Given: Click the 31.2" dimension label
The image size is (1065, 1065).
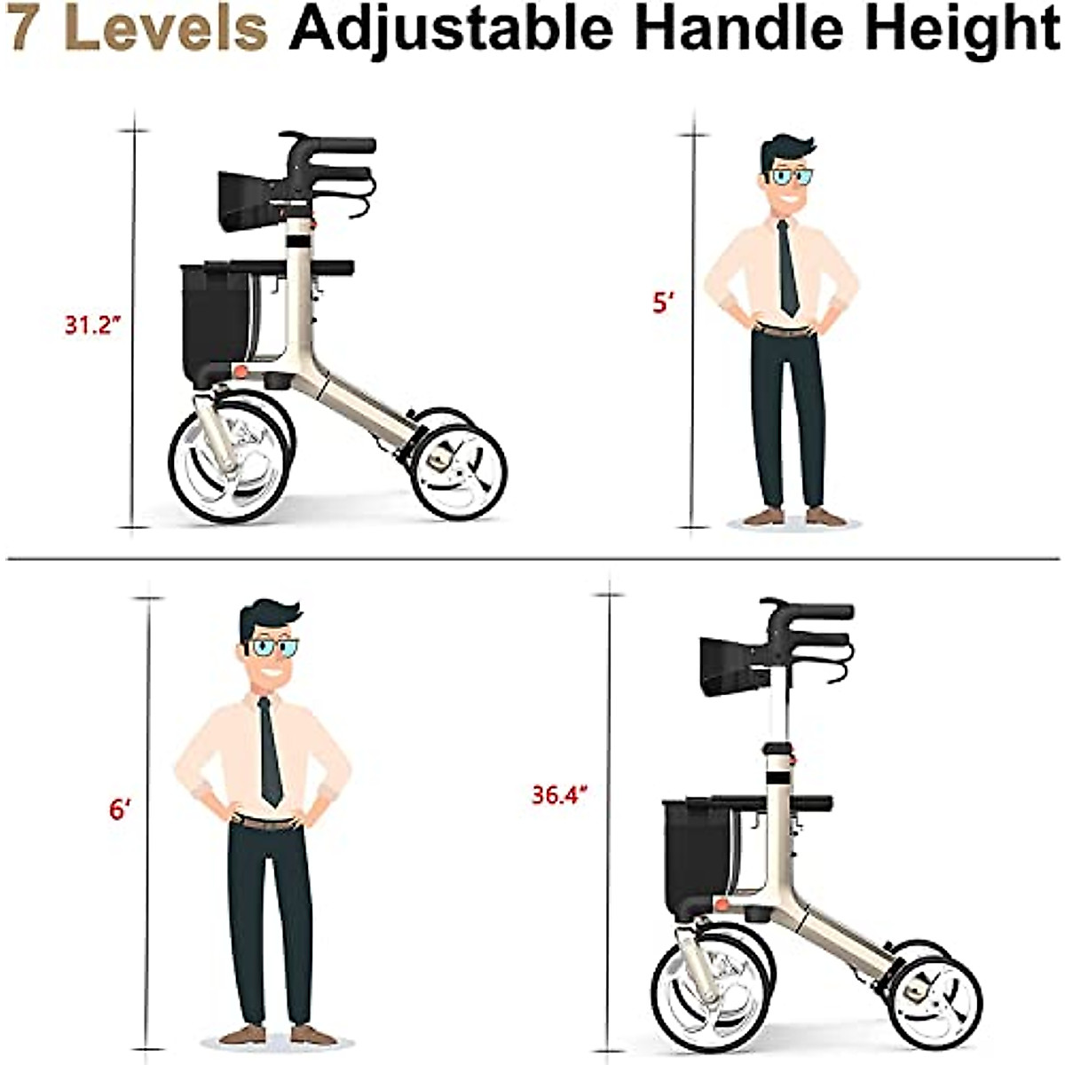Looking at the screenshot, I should click(91, 325).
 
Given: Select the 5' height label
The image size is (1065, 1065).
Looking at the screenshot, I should click(664, 303).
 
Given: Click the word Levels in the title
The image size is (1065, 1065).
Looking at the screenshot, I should click(166, 28).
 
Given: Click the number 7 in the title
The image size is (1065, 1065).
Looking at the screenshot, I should click(24, 28).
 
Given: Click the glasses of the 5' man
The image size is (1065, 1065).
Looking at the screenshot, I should click(791, 177).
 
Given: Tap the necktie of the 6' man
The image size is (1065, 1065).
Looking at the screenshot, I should click(269, 754).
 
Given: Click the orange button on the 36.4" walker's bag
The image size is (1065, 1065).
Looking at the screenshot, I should click(722, 904).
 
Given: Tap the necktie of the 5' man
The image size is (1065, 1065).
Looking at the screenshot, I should click(786, 266).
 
